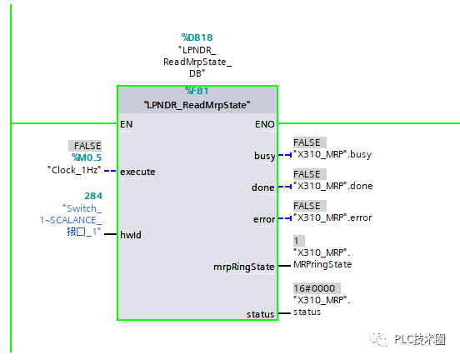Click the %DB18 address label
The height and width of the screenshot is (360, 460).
pyautogui.click(x=197, y=37)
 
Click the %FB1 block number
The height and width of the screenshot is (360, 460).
pyautogui.click(x=197, y=91)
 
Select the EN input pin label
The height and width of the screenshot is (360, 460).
pyautogui.click(x=126, y=124)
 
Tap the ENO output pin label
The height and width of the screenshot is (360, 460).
pyautogui.click(x=265, y=124)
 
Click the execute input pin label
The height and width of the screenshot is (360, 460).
pyautogui.click(x=137, y=172)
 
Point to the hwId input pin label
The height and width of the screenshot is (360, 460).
pyautogui.click(x=131, y=235)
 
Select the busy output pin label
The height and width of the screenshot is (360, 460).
pyautogui.click(x=265, y=156)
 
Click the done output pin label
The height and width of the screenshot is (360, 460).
pyautogui.click(x=262, y=187)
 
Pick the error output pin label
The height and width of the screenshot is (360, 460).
pyautogui.click(x=264, y=219)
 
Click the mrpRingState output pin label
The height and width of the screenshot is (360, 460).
pyautogui.click(x=244, y=267)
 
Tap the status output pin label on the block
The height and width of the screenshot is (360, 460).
pyautogui.click(x=260, y=314)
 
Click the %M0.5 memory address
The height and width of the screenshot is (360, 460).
pyautogui.click(x=87, y=157)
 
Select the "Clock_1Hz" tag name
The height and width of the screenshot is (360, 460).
pyautogui.click(x=74, y=170)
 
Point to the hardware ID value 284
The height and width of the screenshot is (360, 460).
pyautogui.click(x=93, y=196)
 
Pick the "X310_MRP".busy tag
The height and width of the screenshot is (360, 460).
pyautogui.click(x=332, y=154)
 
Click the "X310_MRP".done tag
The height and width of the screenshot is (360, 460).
pyautogui.click(x=333, y=186)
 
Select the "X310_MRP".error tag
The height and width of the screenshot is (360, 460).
pyautogui.click(x=332, y=217)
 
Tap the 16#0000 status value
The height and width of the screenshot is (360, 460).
pyautogui.click(x=317, y=288)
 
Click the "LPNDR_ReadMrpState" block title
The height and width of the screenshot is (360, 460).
pyautogui.click(x=197, y=105)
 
